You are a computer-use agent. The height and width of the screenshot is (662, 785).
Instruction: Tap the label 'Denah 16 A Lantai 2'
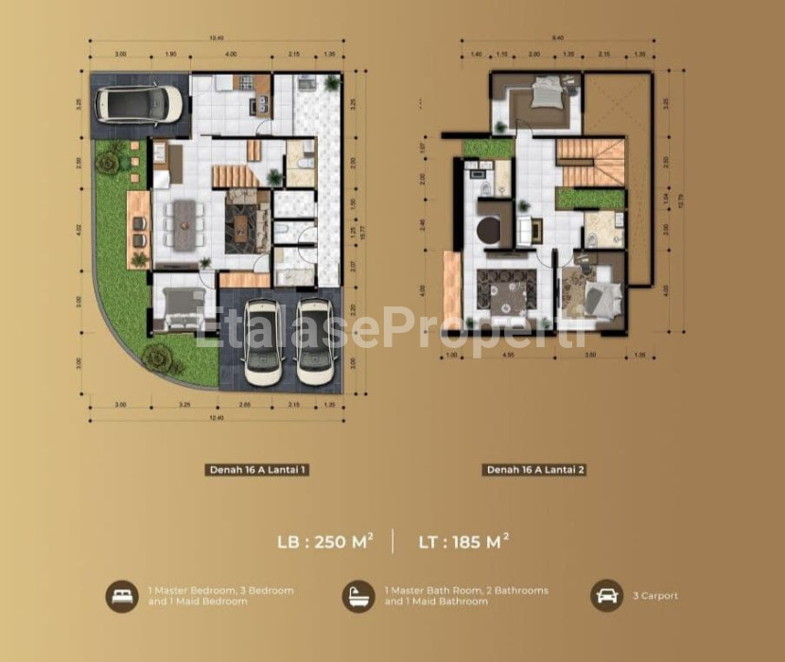tap(535, 469)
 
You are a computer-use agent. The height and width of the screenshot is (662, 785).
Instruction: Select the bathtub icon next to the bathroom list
tap(358, 596)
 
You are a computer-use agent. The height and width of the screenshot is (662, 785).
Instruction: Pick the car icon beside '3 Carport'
tap(606, 596)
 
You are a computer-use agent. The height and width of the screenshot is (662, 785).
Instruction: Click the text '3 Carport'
tap(655, 596)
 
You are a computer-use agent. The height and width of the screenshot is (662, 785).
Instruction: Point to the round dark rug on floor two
tap(490, 231)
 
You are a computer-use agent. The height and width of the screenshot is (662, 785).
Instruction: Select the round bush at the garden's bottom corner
tap(158, 357)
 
